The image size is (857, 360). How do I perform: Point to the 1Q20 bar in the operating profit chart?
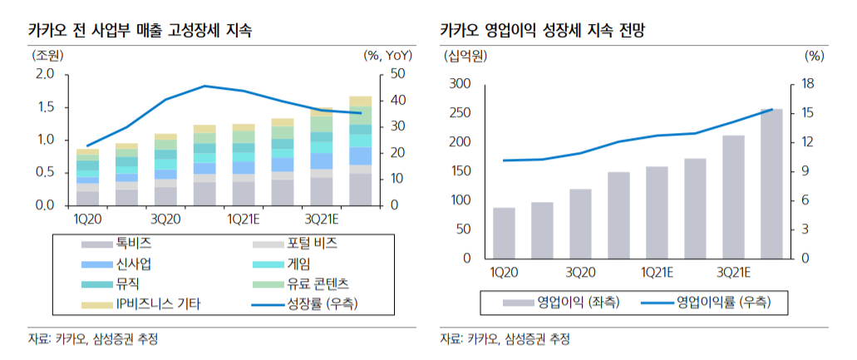click(504, 233)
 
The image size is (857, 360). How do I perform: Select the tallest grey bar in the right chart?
click(771, 184)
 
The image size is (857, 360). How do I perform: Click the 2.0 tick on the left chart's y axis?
click(44, 74)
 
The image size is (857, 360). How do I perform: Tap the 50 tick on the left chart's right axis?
click(397, 74)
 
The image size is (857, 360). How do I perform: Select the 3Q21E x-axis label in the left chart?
click(322, 219)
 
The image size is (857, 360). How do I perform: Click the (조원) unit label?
click(47, 56)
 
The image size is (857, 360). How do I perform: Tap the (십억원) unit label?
click(466, 57)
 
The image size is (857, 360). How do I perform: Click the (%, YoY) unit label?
click(388, 56)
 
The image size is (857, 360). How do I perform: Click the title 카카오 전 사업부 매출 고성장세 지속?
click(140, 31)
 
